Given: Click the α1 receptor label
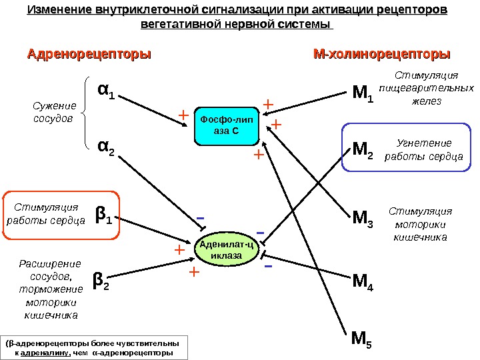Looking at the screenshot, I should pos(106,91).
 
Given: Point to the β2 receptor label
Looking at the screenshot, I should pos(101,283).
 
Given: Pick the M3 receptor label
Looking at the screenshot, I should pos(363,217).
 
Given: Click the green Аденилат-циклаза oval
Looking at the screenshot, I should pos(226,251).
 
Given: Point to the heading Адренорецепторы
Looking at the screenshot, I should pos(89,53).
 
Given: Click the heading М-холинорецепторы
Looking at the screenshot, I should pos(382,53).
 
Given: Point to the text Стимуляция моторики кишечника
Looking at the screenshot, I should pos(420,223).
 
